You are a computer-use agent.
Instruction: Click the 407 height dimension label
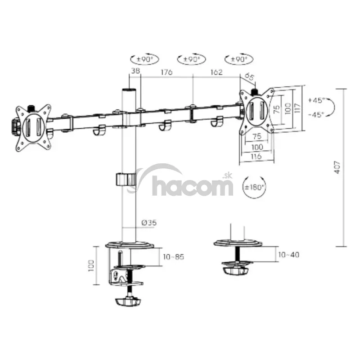(x=337, y=167)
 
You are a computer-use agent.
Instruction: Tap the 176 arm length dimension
(x=166, y=72)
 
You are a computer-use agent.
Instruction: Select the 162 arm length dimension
(x=216, y=72)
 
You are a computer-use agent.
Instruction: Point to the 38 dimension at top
(x=135, y=71)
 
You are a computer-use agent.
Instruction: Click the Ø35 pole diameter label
(x=149, y=222)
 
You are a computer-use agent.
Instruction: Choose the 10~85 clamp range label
(x=174, y=256)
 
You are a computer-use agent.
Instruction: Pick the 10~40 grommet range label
(x=288, y=255)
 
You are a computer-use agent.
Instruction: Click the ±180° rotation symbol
(x=254, y=187)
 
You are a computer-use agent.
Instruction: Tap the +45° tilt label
(x=317, y=100)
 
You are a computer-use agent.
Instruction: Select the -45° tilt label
(x=317, y=114)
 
